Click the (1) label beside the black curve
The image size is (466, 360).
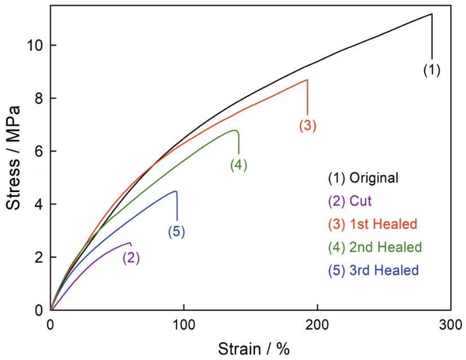tap(432, 70)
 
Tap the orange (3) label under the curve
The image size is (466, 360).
tap(308, 126)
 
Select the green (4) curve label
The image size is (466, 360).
tap(239, 165)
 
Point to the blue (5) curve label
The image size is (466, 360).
tap(176, 231)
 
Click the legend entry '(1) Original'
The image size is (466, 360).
tap(363, 177)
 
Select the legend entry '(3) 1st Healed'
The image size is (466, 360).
tap(372, 224)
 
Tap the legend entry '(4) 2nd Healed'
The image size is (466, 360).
tap(375, 247)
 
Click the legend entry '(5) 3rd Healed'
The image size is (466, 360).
tap(373, 270)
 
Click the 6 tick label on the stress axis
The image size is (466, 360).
tap(38, 151)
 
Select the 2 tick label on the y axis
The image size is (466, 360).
tap(38, 257)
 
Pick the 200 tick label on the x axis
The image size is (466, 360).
tap(317, 325)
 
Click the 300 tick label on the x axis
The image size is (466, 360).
tap(450, 325)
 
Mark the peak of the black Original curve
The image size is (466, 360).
tap(432, 14)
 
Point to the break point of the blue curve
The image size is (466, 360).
tap(176, 192)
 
